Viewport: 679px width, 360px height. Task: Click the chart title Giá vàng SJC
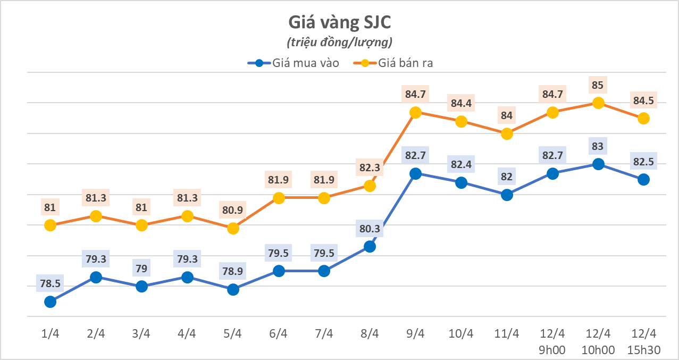(x=339, y=22)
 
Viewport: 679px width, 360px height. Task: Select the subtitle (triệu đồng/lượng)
(x=339, y=41)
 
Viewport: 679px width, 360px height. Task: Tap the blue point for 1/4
(x=50, y=302)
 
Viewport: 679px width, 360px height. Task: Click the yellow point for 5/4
(x=233, y=228)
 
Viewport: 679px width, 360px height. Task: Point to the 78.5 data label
(x=50, y=283)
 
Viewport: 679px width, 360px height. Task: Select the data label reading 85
(x=598, y=85)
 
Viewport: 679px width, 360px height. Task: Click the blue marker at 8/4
(x=370, y=246)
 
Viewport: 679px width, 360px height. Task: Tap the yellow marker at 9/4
(x=416, y=112)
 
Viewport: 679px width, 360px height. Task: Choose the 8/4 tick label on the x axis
(x=370, y=334)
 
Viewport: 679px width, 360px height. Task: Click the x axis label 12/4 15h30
(x=644, y=341)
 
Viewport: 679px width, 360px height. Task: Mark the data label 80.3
(x=370, y=229)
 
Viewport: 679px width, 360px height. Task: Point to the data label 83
(x=598, y=146)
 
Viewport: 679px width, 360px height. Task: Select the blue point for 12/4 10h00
(x=598, y=164)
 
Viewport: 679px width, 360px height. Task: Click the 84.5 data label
(x=644, y=100)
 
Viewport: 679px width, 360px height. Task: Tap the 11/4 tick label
(x=507, y=334)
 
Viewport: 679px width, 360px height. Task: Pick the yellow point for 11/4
(x=507, y=133)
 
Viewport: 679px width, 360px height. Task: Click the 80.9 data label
(x=233, y=210)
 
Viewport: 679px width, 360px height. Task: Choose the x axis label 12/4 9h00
(x=552, y=341)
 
